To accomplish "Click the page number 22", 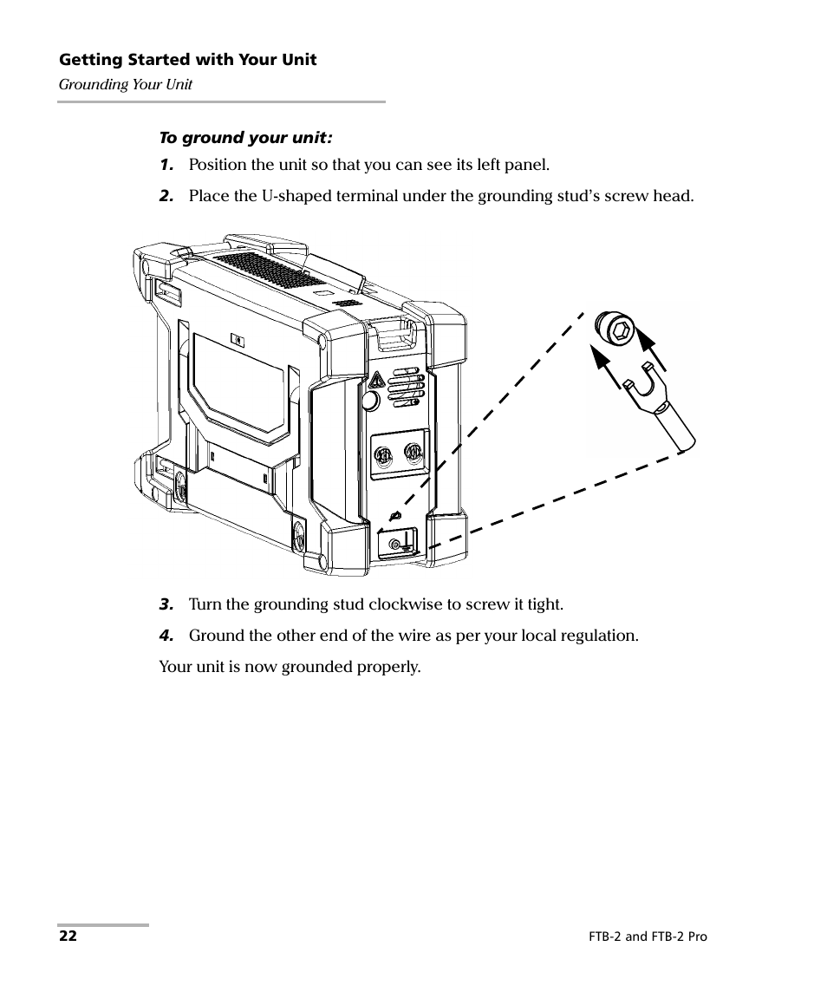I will (68, 936).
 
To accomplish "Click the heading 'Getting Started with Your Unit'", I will (187, 60).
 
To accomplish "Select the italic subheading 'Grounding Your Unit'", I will (125, 85).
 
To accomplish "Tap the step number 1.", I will (166, 165).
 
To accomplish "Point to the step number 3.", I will (166, 604).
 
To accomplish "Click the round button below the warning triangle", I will (369, 401).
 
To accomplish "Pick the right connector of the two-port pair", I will (413, 453).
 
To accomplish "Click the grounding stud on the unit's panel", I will (396, 544).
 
